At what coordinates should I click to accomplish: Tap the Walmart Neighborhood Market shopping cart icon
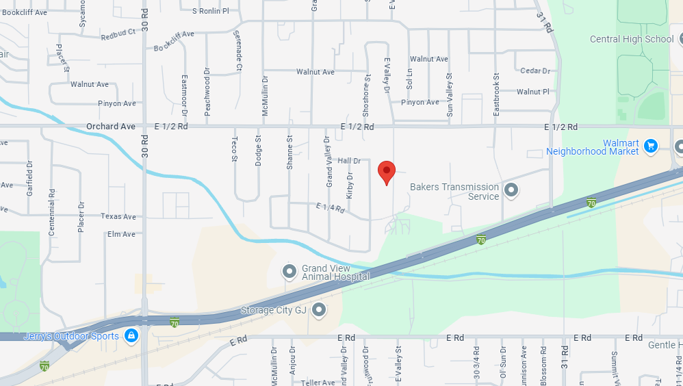[x=651, y=145]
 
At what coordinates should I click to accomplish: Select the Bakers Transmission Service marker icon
[x=511, y=190]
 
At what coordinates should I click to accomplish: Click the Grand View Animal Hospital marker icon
[x=289, y=272]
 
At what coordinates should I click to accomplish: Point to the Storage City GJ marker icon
[x=319, y=311]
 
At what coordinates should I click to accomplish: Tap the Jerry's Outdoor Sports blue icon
[x=131, y=335]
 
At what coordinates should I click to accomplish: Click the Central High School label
[x=631, y=39]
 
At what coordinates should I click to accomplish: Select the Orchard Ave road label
[x=110, y=127]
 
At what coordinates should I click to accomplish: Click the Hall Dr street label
[x=349, y=161]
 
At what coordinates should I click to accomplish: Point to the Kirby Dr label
[x=350, y=185]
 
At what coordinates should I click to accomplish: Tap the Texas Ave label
[x=118, y=216]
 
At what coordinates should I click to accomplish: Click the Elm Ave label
[x=121, y=234]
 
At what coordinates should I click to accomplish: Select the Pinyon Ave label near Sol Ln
[x=420, y=103]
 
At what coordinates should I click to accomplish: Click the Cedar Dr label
[x=535, y=71]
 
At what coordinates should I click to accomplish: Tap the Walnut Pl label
[x=532, y=92]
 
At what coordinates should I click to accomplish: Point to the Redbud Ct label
[x=118, y=34]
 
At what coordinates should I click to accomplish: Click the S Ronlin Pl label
[x=210, y=11]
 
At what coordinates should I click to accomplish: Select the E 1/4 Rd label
[x=330, y=207]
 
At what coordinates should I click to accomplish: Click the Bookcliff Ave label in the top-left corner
[x=24, y=12]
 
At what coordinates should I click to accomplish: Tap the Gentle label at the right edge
[x=662, y=345]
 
